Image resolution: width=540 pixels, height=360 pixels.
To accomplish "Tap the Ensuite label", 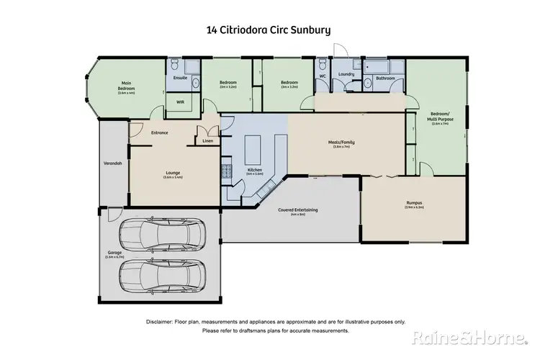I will pyautogui.click(x=180, y=77).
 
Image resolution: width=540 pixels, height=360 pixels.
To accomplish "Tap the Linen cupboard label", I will pyautogui.click(x=208, y=140).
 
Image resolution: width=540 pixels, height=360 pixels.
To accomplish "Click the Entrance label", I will pyautogui.click(x=159, y=133).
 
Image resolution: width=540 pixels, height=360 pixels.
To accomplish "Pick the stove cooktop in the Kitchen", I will pyautogui.click(x=226, y=173).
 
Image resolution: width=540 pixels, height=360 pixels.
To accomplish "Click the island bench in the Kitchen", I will pyautogui.click(x=253, y=150).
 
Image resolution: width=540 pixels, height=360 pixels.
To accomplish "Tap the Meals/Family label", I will pyautogui.click(x=342, y=143).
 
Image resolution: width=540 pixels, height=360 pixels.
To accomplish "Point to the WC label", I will pyautogui.click(x=322, y=74).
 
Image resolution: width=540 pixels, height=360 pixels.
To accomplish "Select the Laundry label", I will pyautogui.click(x=346, y=74).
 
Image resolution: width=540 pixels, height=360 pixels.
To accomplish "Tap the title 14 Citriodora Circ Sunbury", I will pyautogui.click(x=269, y=31).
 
